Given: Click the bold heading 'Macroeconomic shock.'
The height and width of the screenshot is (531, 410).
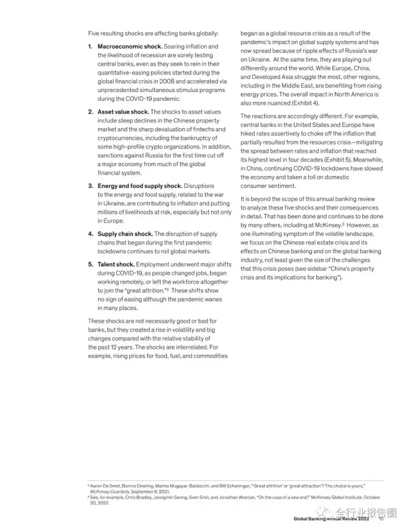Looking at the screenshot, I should click(130, 47).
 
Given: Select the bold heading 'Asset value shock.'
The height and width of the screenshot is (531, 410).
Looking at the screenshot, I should click(123, 112).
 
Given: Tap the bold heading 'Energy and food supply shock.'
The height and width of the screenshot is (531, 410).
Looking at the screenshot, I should click(139, 186).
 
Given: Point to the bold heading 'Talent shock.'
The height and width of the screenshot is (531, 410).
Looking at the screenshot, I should click(116, 264).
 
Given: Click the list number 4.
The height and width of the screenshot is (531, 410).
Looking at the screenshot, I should click(91, 234).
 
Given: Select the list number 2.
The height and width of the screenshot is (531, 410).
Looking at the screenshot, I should click(91, 112).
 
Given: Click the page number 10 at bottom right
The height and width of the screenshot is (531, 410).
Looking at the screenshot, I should click(381, 519).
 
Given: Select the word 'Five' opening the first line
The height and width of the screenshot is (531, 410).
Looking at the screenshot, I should click(94, 33).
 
